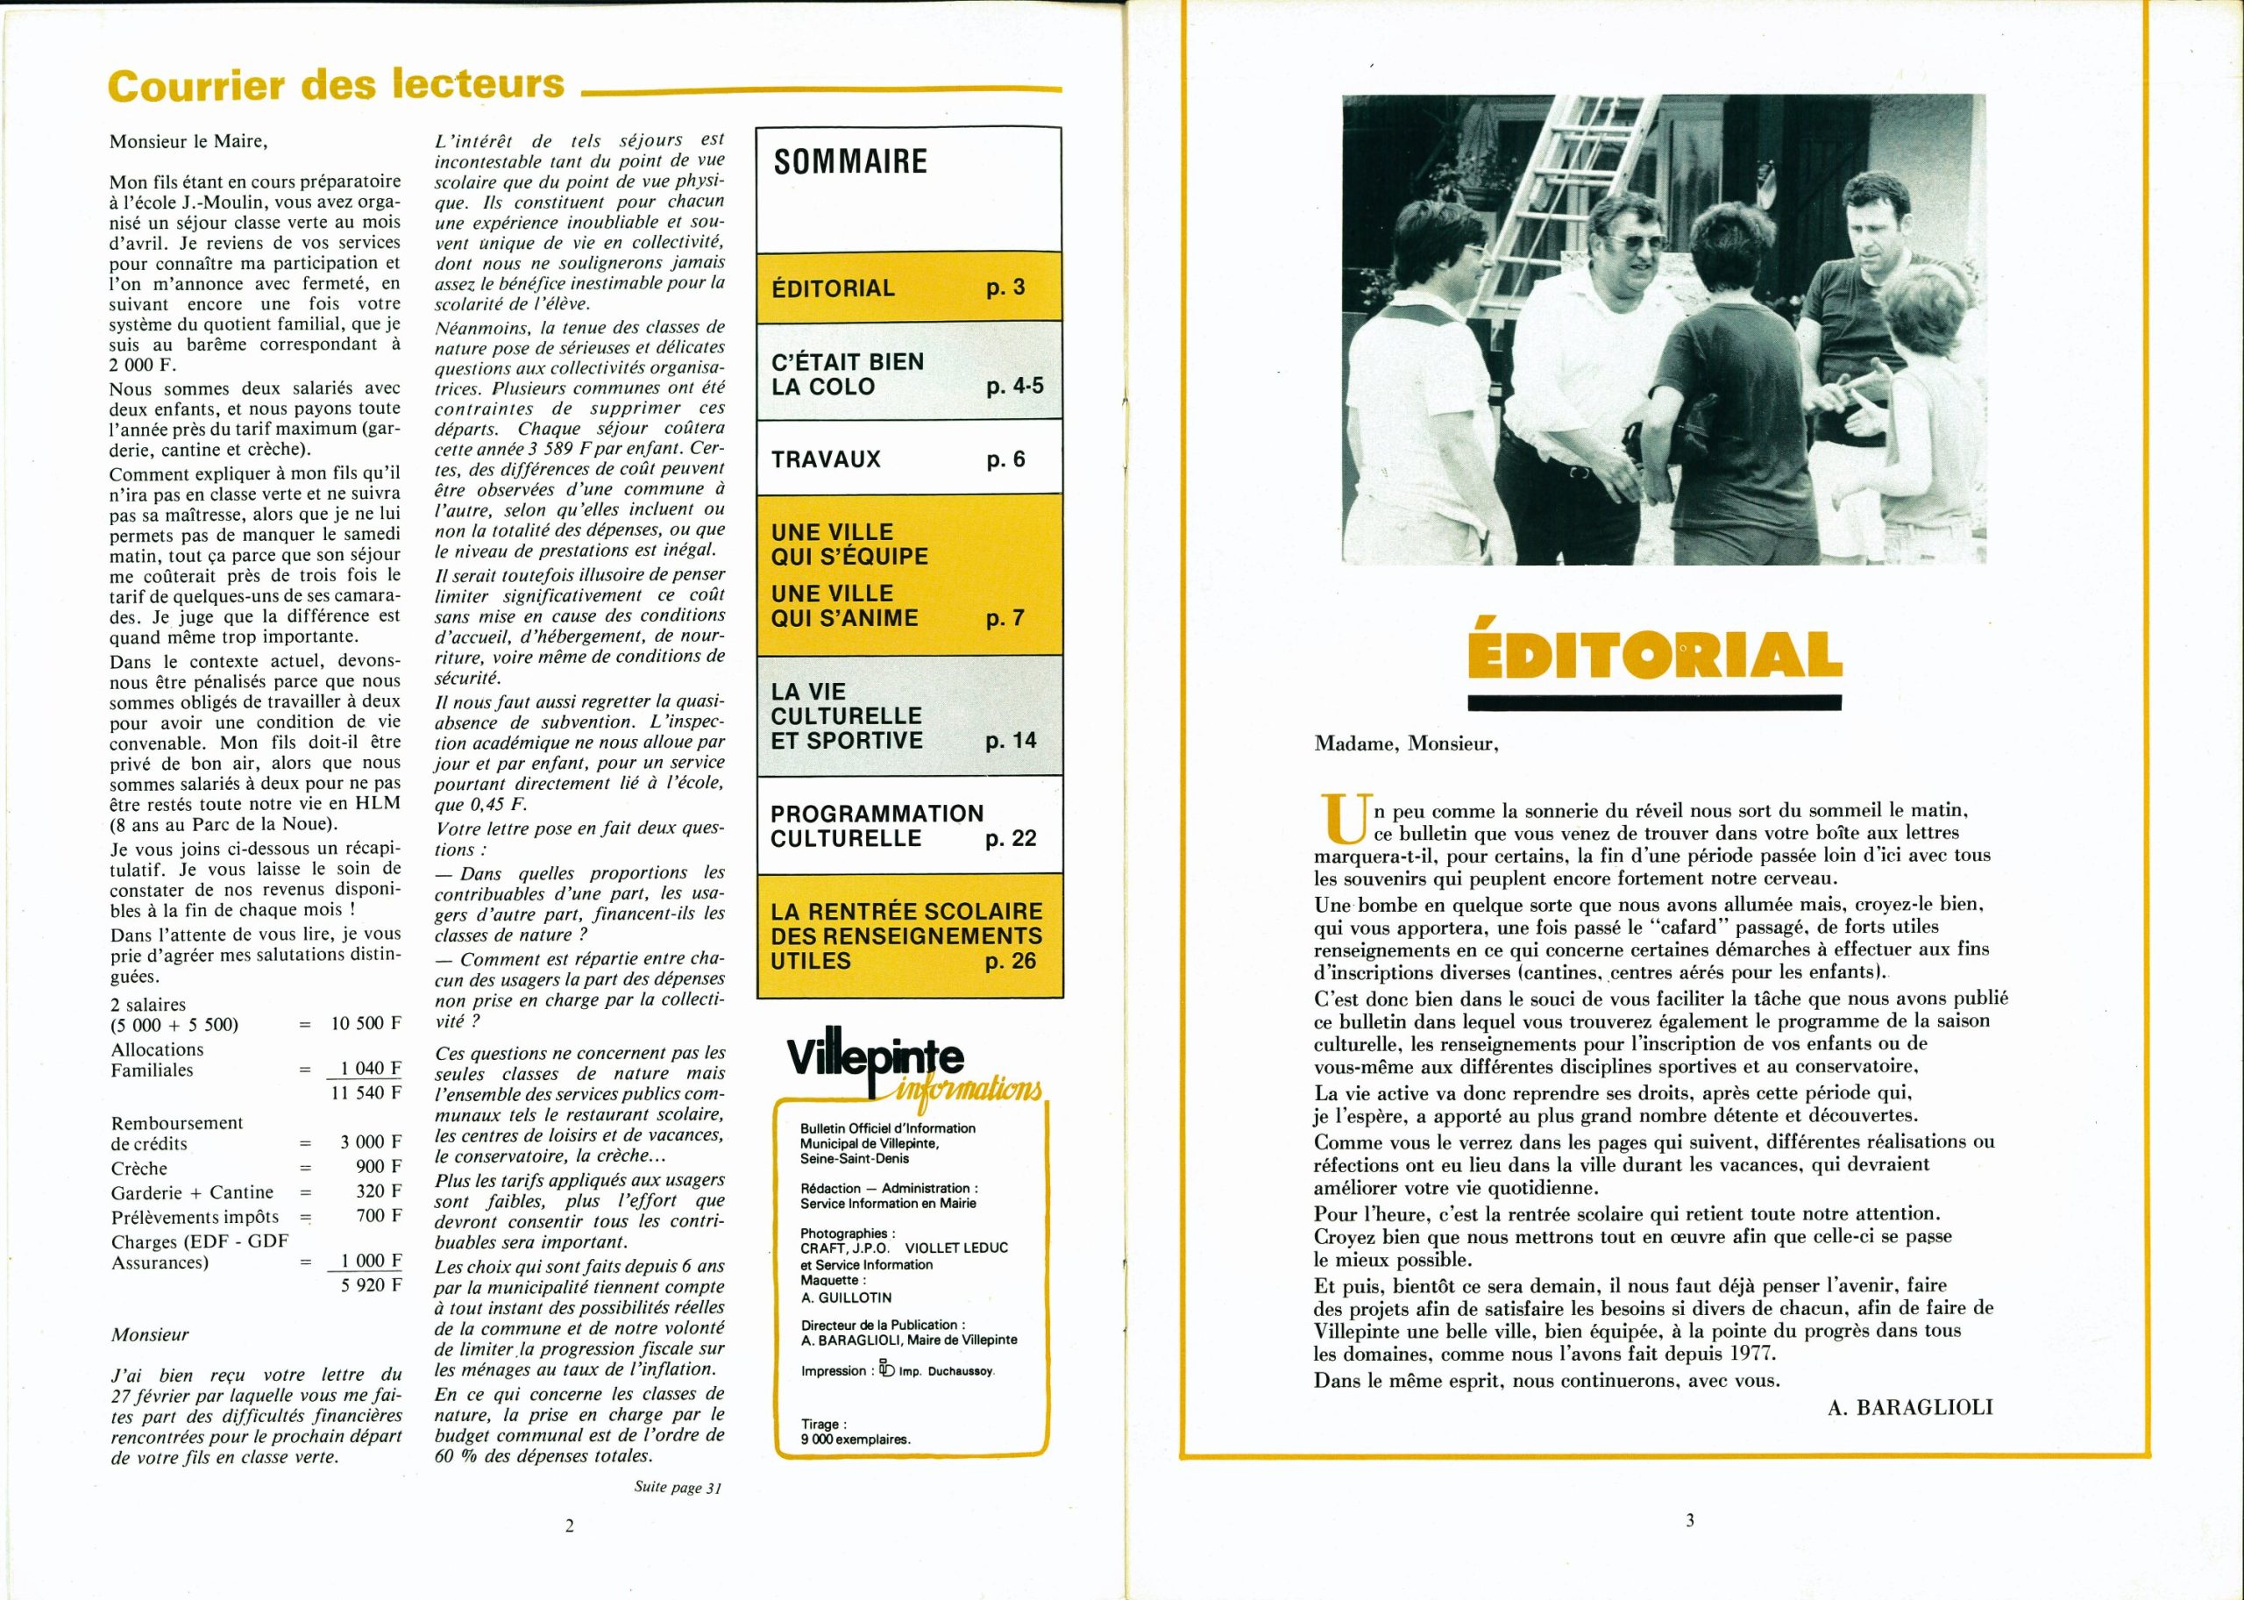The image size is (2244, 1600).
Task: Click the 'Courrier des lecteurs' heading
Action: click(x=336, y=85)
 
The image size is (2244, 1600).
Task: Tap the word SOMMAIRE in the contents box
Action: click(x=850, y=161)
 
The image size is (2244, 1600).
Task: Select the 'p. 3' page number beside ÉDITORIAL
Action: click(x=1005, y=288)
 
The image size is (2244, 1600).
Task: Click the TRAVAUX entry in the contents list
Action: click(x=826, y=459)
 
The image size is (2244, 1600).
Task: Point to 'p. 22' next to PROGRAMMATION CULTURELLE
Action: click(x=1010, y=838)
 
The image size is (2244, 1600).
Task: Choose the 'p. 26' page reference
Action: click(x=1010, y=961)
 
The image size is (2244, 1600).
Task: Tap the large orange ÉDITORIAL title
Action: click(x=1654, y=655)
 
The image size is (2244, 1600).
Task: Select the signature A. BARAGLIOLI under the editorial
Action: click(x=1909, y=1408)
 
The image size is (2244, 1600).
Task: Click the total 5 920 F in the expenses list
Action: click(x=371, y=1286)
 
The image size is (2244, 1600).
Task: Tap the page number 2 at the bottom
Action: click(x=570, y=1526)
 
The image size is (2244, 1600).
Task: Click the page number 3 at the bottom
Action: click(x=1689, y=1520)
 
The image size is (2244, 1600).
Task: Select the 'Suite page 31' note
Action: click(x=678, y=1488)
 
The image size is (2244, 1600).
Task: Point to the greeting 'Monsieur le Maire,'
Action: click(x=188, y=141)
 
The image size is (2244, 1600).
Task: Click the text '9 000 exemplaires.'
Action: click(x=855, y=1440)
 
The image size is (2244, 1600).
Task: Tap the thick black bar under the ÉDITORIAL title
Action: click(x=1654, y=702)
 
